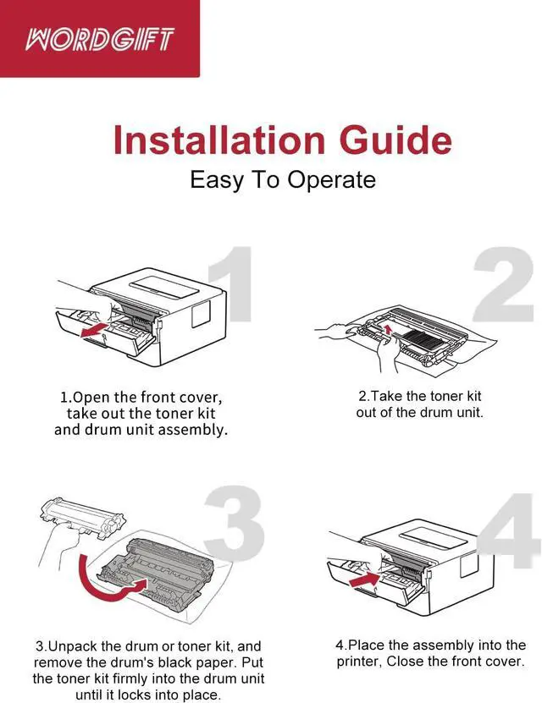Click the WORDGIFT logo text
pos(100,39)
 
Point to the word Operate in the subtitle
pos(331,180)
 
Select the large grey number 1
pos(233,283)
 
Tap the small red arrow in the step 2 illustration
pos(389,331)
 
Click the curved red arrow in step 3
pos(108,580)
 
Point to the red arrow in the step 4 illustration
pos(365,579)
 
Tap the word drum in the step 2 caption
pos(434,413)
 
